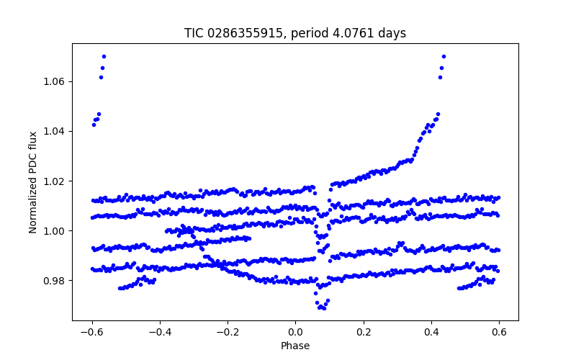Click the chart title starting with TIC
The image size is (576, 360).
pyautogui.click(x=295, y=33)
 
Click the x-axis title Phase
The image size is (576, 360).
pyautogui.click(x=295, y=346)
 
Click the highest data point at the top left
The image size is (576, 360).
pyautogui.click(x=104, y=56)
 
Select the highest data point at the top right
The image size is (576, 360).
pyautogui.click(x=444, y=56)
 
